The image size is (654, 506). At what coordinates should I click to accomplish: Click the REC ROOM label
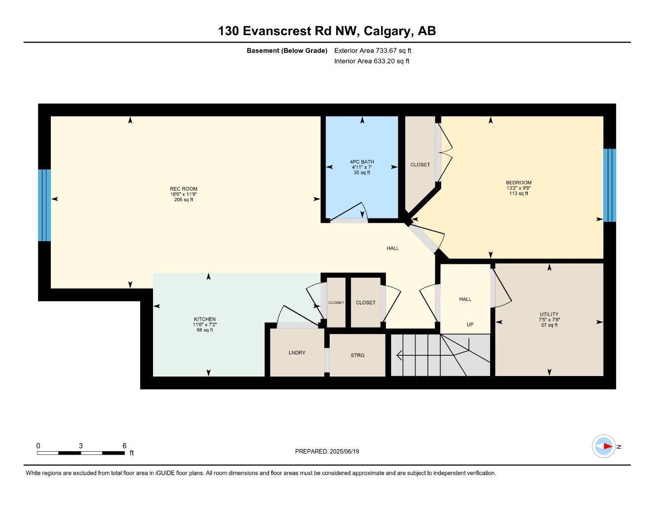pos(183,189)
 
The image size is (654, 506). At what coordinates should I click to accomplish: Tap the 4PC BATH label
pos(362,162)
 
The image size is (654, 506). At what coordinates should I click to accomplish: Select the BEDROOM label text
pos(519,182)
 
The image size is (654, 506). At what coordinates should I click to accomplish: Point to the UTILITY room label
pos(549,314)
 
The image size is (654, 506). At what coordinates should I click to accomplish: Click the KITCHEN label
pos(205,319)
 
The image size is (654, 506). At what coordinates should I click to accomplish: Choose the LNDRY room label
pos(297,352)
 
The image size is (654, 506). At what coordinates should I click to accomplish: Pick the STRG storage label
pos(357,355)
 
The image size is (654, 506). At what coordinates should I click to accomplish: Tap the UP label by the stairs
pos(470,324)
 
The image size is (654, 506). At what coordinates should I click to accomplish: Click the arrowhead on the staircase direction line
pos(400,355)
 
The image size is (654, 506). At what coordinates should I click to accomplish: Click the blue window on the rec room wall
pos(44,205)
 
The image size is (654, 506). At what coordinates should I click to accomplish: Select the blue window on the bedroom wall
pos(610,185)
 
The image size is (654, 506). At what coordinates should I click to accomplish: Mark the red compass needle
pos(608,446)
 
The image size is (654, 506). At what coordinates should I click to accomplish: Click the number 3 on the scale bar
pos(80,445)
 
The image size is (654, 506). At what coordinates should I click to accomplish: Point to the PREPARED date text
pos(327,451)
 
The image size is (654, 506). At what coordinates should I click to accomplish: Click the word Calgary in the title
pos(387,31)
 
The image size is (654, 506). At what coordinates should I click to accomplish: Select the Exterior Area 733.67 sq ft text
pos(373,50)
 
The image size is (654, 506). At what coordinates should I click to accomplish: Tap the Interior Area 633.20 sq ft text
pos(372,61)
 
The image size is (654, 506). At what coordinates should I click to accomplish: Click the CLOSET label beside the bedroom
pos(420,165)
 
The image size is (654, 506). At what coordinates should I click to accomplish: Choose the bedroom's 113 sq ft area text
pos(519,193)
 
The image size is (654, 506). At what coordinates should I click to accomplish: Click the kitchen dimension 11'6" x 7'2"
pos(205,324)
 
